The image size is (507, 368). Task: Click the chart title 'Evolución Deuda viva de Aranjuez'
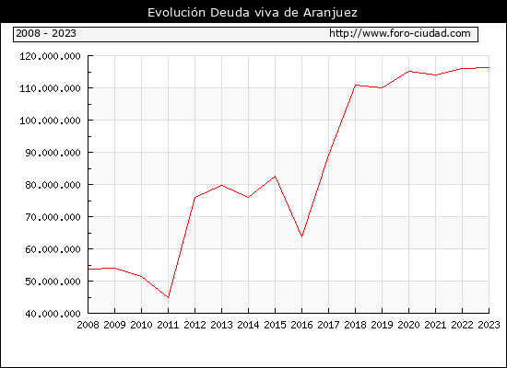(253, 13)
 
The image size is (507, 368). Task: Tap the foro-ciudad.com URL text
(400, 33)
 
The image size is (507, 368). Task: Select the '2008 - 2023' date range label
(46, 33)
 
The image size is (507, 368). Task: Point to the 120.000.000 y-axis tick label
(50, 56)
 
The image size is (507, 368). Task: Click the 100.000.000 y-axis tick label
(50, 121)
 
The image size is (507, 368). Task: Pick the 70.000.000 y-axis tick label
(53, 217)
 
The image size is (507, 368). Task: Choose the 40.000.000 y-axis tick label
(53, 314)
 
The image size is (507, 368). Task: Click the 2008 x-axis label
(88, 325)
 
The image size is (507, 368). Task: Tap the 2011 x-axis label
(168, 325)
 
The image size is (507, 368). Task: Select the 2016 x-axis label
(301, 325)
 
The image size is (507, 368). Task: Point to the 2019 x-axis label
(382, 325)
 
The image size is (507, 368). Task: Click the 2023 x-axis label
(489, 325)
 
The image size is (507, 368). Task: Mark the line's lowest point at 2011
(168, 297)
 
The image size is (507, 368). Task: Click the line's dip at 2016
(301, 237)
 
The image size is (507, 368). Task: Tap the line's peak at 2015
(276, 177)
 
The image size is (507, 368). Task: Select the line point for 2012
(195, 197)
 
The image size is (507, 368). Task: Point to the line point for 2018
(355, 86)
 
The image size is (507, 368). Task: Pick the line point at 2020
(408, 72)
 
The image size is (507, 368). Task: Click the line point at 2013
(221, 185)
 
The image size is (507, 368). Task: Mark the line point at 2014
(248, 197)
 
